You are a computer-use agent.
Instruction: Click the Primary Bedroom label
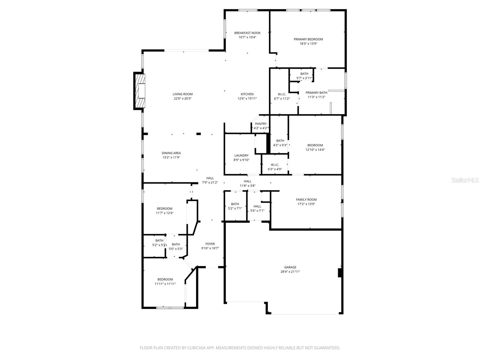pos(308,39)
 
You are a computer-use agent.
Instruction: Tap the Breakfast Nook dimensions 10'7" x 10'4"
pos(247,37)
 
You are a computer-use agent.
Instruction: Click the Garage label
pos(290,267)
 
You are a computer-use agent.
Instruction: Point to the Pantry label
pos(261,124)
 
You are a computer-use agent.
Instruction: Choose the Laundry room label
pos(241,155)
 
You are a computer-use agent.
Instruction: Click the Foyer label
pos(210,244)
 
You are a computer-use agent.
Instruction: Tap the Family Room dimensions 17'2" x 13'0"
pos(306,204)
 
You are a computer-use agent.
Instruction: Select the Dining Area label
pos(171,153)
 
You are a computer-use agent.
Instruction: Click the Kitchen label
pos(247,94)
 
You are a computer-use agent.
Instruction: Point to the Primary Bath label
pos(316,93)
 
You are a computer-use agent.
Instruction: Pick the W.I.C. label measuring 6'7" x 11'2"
pos(282,94)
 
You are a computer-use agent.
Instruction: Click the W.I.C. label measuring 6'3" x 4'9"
pos(275,165)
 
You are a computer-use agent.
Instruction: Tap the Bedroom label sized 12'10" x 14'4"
pos(315,145)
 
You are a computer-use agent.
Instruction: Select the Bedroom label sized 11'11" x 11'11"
pos(165,279)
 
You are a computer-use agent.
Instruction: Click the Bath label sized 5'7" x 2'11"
pos(304,74)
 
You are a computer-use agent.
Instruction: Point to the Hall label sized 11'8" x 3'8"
pos(247,181)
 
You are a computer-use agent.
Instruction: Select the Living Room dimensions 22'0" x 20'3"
pos(182,98)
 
